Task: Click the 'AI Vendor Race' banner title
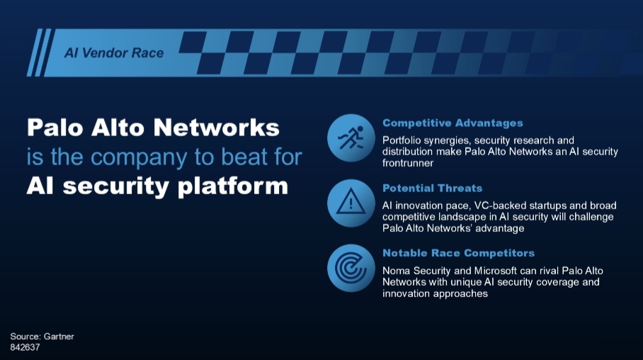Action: coord(114,53)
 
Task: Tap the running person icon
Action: coord(351,138)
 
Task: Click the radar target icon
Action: coord(351,268)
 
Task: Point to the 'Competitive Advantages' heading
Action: coord(453,123)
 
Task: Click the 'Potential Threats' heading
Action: coord(432,189)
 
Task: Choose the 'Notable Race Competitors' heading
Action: coord(458,253)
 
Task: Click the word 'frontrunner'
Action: coord(408,163)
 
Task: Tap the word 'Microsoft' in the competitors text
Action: coord(496,271)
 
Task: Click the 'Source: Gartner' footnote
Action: coord(42,337)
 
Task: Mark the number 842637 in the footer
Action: coord(25,347)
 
